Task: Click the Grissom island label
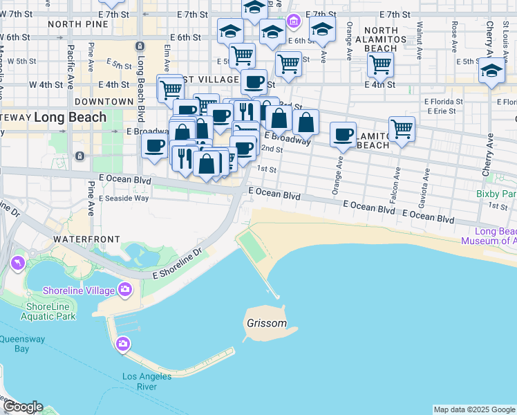coord(266,323)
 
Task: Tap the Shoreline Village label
coord(78,290)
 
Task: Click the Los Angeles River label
coord(147,381)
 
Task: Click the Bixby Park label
coord(496,194)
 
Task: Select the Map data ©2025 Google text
coord(474,409)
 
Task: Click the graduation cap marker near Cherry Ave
coord(491,71)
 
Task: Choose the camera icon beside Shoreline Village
coord(125,288)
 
